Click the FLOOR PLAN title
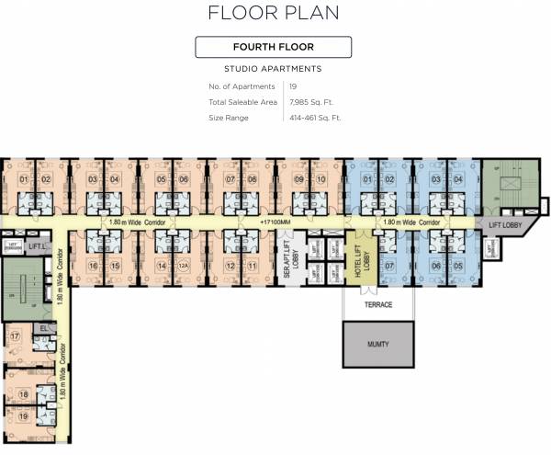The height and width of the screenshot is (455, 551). (x=274, y=13)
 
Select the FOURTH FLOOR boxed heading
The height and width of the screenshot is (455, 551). (x=274, y=47)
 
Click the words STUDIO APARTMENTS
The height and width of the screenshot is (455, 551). (x=273, y=69)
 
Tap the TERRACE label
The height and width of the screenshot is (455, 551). (x=377, y=304)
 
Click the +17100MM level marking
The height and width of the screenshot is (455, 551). (x=275, y=222)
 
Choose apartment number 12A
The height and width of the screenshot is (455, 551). (x=183, y=267)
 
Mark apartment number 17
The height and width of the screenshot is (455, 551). (x=15, y=336)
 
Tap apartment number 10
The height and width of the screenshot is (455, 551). (x=320, y=178)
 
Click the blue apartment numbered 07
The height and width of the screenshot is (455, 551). (x=389, y=267)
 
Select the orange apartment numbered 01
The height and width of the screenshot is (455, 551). (x=25, y=178)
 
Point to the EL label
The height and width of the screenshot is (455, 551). (x=42, y=327)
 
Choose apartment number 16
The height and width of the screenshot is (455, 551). (x=93, y=267)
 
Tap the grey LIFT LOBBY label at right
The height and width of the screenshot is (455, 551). (x=505, y=224)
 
